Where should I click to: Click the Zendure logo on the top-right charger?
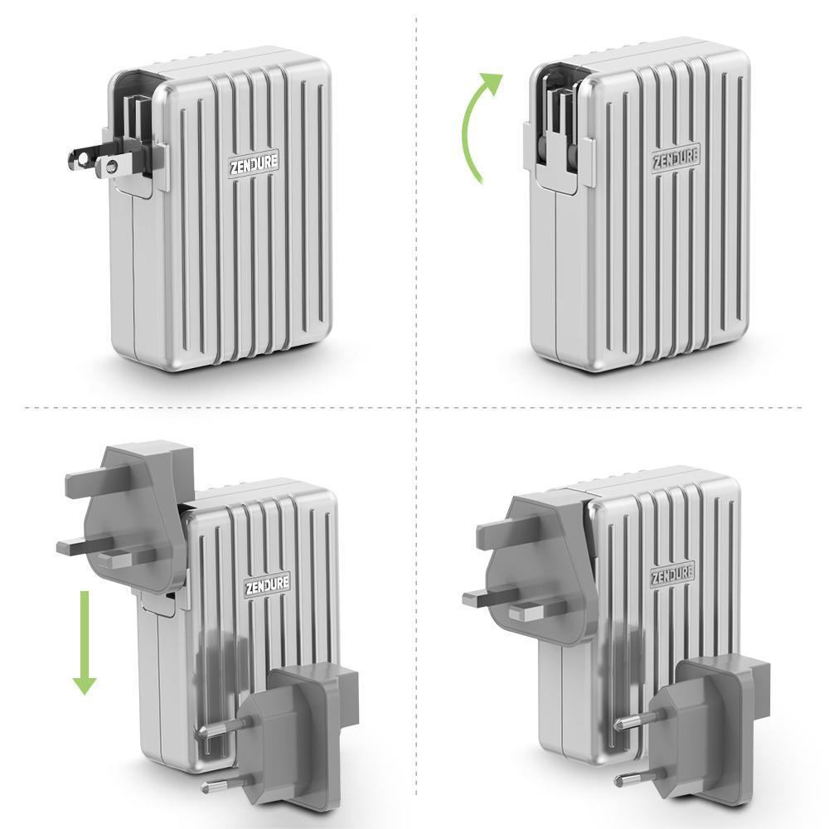pyautogui.click(x=675, y=157)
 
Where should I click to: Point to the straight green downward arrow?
pyautogui.click(x=84, y=643)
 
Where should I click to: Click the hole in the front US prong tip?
pyautogui.click(x=109, y=167)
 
